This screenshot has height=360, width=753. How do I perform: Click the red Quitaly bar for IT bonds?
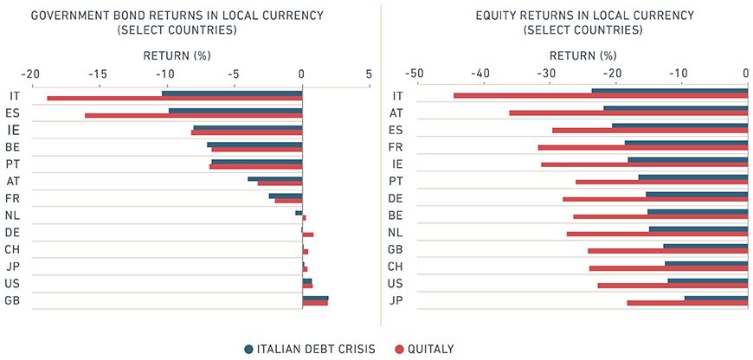pos(173,99)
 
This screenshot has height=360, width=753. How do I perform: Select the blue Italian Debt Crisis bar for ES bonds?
pos(235,111)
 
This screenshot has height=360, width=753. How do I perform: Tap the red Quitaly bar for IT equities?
pos(600,96)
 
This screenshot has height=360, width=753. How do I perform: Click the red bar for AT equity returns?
pos(627,112)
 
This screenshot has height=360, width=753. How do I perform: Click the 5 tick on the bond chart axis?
pos(369,74)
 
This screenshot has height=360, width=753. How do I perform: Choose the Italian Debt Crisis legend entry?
pos(310,349)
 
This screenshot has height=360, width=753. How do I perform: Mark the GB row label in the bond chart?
pos(13,300)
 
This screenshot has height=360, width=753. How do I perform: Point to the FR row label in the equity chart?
pos(396,147)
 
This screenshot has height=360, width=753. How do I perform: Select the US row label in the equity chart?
pos(396,283)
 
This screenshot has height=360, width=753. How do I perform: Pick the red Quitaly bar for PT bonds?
pos(255,166)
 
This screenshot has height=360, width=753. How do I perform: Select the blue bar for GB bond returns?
pos(315,298)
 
